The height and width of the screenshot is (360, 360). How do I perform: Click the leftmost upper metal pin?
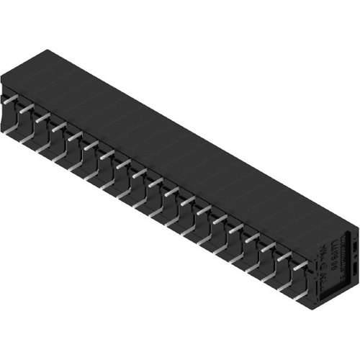tap(10, 102)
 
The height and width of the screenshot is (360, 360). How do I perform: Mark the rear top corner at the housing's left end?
tap(47, 50)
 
